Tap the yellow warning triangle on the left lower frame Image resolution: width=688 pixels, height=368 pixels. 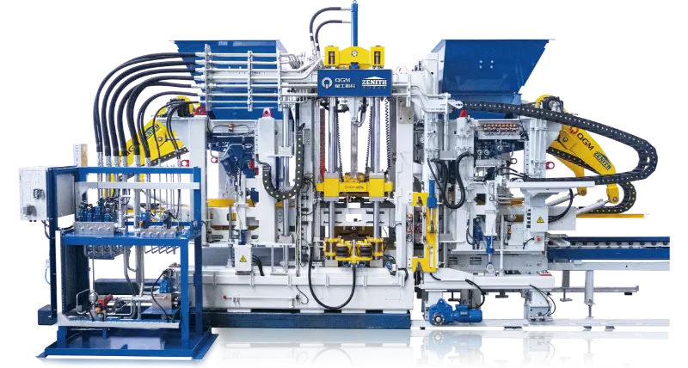coord(243,258)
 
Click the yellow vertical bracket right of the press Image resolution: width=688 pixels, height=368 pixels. coord(421,232)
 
